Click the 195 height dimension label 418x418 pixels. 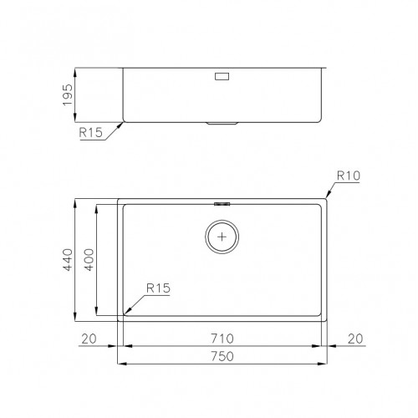pyautogui.click(x=70, y=96)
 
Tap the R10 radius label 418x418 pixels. pyautogui.click(x=348, y=176)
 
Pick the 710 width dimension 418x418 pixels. pyautogui.click(x=222, y=339)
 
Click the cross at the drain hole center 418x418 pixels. pyautogui.click(x=222, y=237)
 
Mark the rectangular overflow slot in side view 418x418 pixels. pyautogui.click(x=222, y=76)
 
